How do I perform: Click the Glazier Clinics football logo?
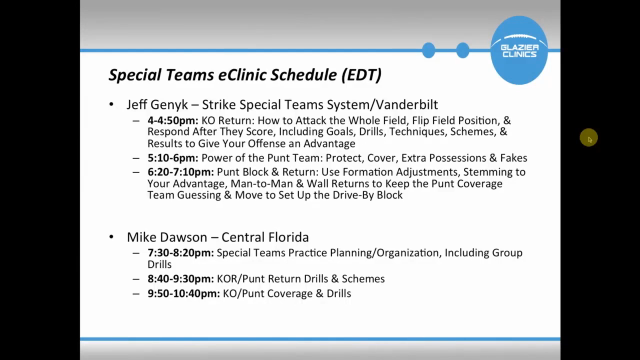coord(519,50)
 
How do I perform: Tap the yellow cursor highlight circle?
coord(588,137)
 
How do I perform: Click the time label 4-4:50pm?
coord(173,120)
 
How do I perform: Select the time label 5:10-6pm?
coord(173,158)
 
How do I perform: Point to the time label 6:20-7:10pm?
coord(180,172)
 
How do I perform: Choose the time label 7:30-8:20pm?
coord(180,253)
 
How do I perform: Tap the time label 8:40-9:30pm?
coord(180,279)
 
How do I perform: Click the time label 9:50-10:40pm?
coord(183,293)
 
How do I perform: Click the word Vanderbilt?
coord(407,104)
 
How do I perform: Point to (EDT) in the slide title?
coord(361,75)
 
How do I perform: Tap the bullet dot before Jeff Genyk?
coord(111,104)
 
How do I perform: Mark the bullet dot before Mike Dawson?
coord(111,237)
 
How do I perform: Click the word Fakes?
coord(513,158)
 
